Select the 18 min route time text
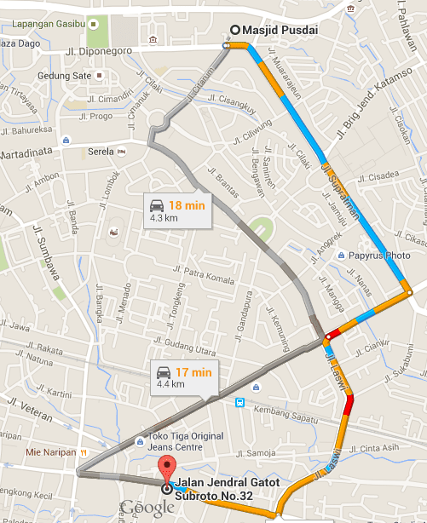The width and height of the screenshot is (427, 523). tap(188, 205)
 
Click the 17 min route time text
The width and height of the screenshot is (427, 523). tap(193, 371)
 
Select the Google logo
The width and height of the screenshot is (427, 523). tap(147, 509)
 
